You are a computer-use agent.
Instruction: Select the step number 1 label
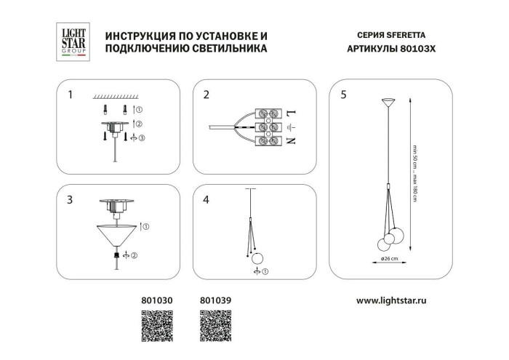[70, 95]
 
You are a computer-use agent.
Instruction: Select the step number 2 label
[207, 95]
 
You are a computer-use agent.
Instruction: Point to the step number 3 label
[70, 199]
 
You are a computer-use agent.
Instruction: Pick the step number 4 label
[207, 199]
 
